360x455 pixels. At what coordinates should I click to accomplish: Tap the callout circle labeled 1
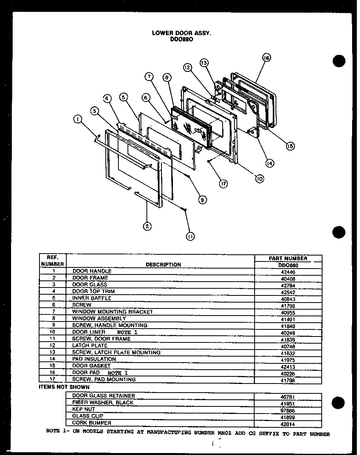point(78,118)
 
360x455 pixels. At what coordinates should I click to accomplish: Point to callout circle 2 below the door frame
point(147,226)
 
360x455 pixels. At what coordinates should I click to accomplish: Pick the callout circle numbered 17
point(223,183)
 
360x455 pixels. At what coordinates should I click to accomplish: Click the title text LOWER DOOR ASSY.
point(182,34)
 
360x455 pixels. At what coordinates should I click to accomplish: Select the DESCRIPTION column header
point(163,265)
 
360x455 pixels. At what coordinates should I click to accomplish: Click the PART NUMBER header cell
point(288,258)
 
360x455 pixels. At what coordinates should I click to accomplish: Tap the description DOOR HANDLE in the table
point(92,271)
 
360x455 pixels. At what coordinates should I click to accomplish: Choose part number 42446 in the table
point(288,272)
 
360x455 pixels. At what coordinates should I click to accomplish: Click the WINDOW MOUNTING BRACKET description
point(112,312)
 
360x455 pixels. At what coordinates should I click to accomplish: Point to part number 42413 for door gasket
point(288,367)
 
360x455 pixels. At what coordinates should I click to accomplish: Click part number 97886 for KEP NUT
point(288,410)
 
